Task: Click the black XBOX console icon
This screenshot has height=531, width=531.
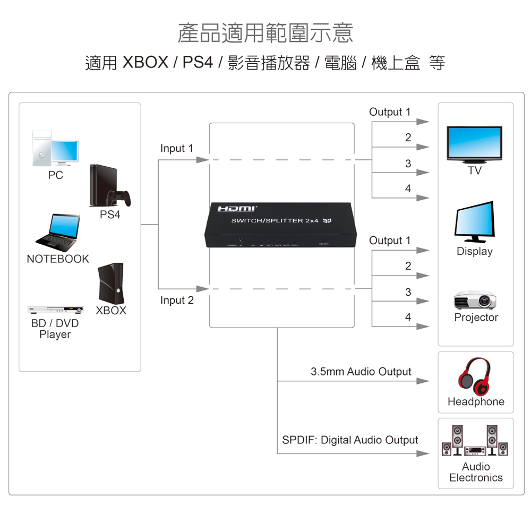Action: point(111,284)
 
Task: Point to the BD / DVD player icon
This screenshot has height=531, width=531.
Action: point(55,309)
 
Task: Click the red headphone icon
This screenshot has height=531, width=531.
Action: point(475,376)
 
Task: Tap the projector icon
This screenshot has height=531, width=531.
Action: point(475,300)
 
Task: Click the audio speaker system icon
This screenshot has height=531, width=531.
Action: point(475,440)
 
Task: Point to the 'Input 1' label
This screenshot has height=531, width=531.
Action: point(177,149)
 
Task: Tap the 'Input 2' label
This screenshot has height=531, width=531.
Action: point(177,301)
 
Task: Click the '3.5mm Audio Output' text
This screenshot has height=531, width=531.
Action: point(361,372)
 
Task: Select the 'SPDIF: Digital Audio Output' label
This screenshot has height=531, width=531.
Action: point(350,440)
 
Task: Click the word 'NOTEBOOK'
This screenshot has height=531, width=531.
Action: point(58,259)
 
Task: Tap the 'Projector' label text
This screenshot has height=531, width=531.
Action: point(476,318)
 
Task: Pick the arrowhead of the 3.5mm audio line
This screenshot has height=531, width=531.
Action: point(423,381)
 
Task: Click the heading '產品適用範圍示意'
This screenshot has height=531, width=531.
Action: point(265,33)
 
